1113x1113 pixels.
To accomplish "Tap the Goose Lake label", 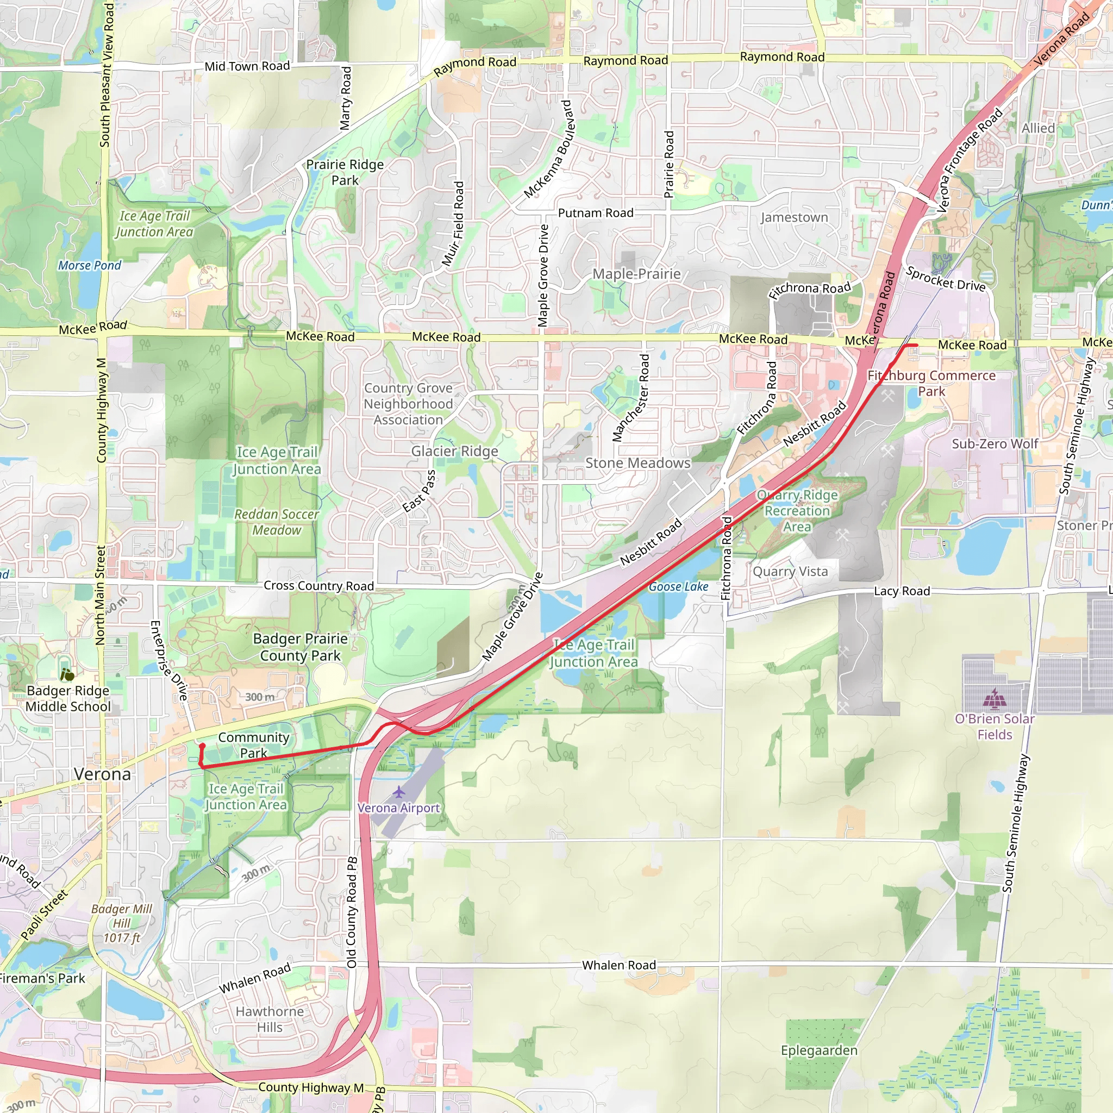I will click(x=678, y=586).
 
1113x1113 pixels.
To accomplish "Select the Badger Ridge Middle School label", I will click(x=68, y=698).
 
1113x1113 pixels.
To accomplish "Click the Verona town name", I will click(x=103, y=774).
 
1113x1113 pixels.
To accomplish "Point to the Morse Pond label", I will click(x=89, y=266).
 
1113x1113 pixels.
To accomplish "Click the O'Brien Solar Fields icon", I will click(x=995, y=699).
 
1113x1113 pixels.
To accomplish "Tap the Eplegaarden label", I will click(x=818, y=1050).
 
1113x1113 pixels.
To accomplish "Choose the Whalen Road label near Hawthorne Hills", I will click(x=255, y=978).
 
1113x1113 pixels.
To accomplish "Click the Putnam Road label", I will click(x=595, y=213).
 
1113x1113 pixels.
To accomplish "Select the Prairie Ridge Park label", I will click(x=345, y=172).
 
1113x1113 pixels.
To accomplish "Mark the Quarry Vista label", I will click(x=790, y=572).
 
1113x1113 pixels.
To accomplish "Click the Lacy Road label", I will click(x=902, y=591).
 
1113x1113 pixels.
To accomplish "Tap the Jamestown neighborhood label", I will click(x=794, y=218).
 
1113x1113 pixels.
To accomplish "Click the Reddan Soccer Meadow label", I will click(x=277, y=522).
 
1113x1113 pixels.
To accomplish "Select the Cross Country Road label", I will click(x=318, y=586).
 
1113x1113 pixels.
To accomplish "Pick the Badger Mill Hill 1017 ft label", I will click(x=122, y=923).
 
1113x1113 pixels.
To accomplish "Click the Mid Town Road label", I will click(x=247, y=66).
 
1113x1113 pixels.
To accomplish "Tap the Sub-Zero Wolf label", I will click(x=995, y=444).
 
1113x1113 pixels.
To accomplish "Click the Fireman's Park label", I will click(x=41, y=978).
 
